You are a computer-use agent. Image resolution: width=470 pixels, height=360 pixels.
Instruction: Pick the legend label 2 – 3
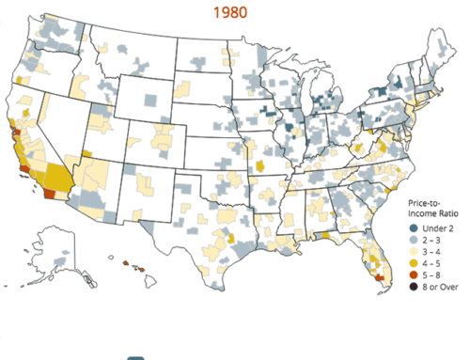point(434,241)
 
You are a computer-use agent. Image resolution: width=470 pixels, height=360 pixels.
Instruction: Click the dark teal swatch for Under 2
point(415,228)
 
